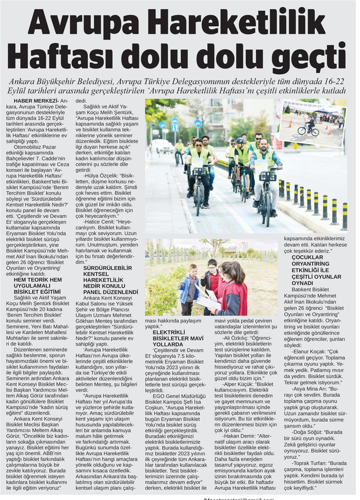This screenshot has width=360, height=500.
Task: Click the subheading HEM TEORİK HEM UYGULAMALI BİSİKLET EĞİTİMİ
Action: (x=38, y=286)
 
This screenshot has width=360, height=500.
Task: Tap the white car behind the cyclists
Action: (x=162, y=146)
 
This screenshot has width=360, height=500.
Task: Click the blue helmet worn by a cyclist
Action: (x=241, y=141)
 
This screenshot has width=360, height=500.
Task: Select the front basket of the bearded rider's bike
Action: (x=267, y=176)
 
